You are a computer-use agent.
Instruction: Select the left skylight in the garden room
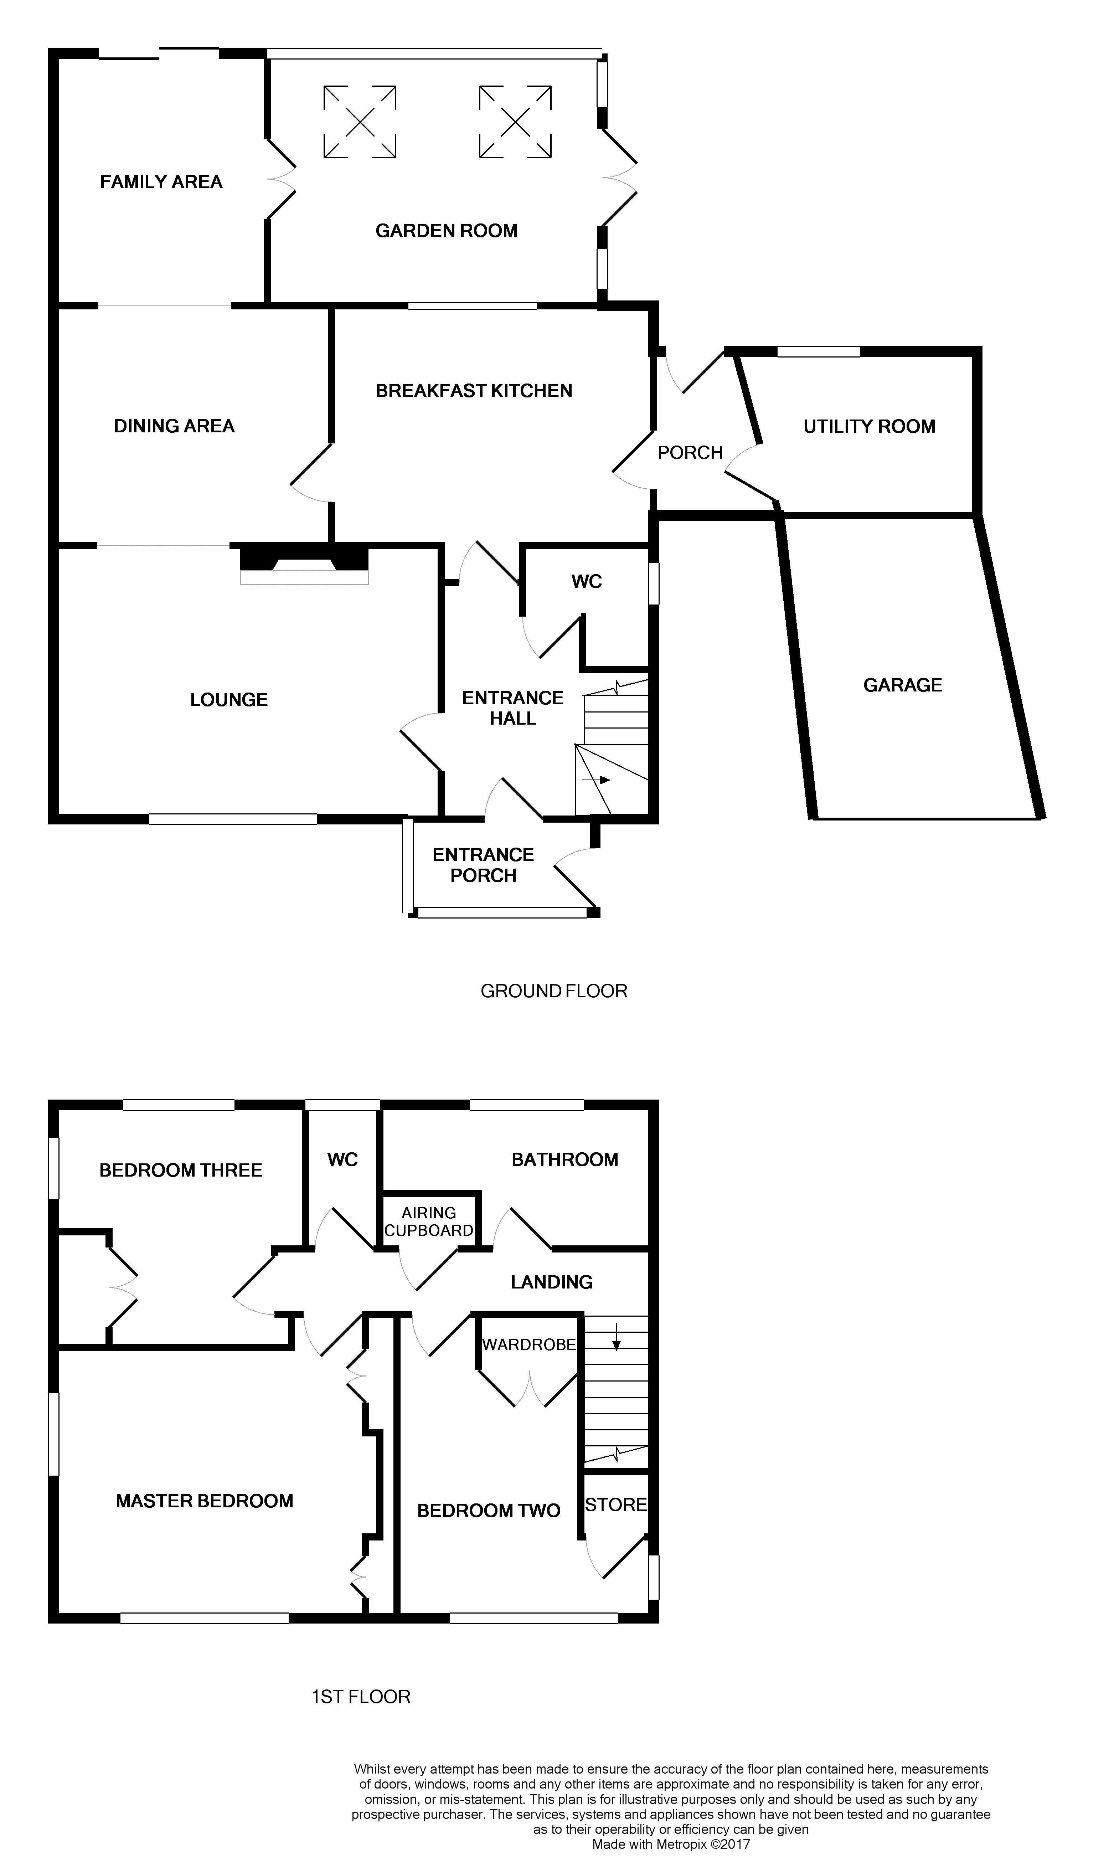click(x=360, y=122)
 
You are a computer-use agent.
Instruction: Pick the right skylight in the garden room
click(x=515, y=122)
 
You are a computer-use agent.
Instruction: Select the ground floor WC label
click(x=587, y=581)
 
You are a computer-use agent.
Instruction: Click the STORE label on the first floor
click(x=616, y=1504)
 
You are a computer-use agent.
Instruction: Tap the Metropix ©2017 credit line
click(x=670, y=1844)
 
